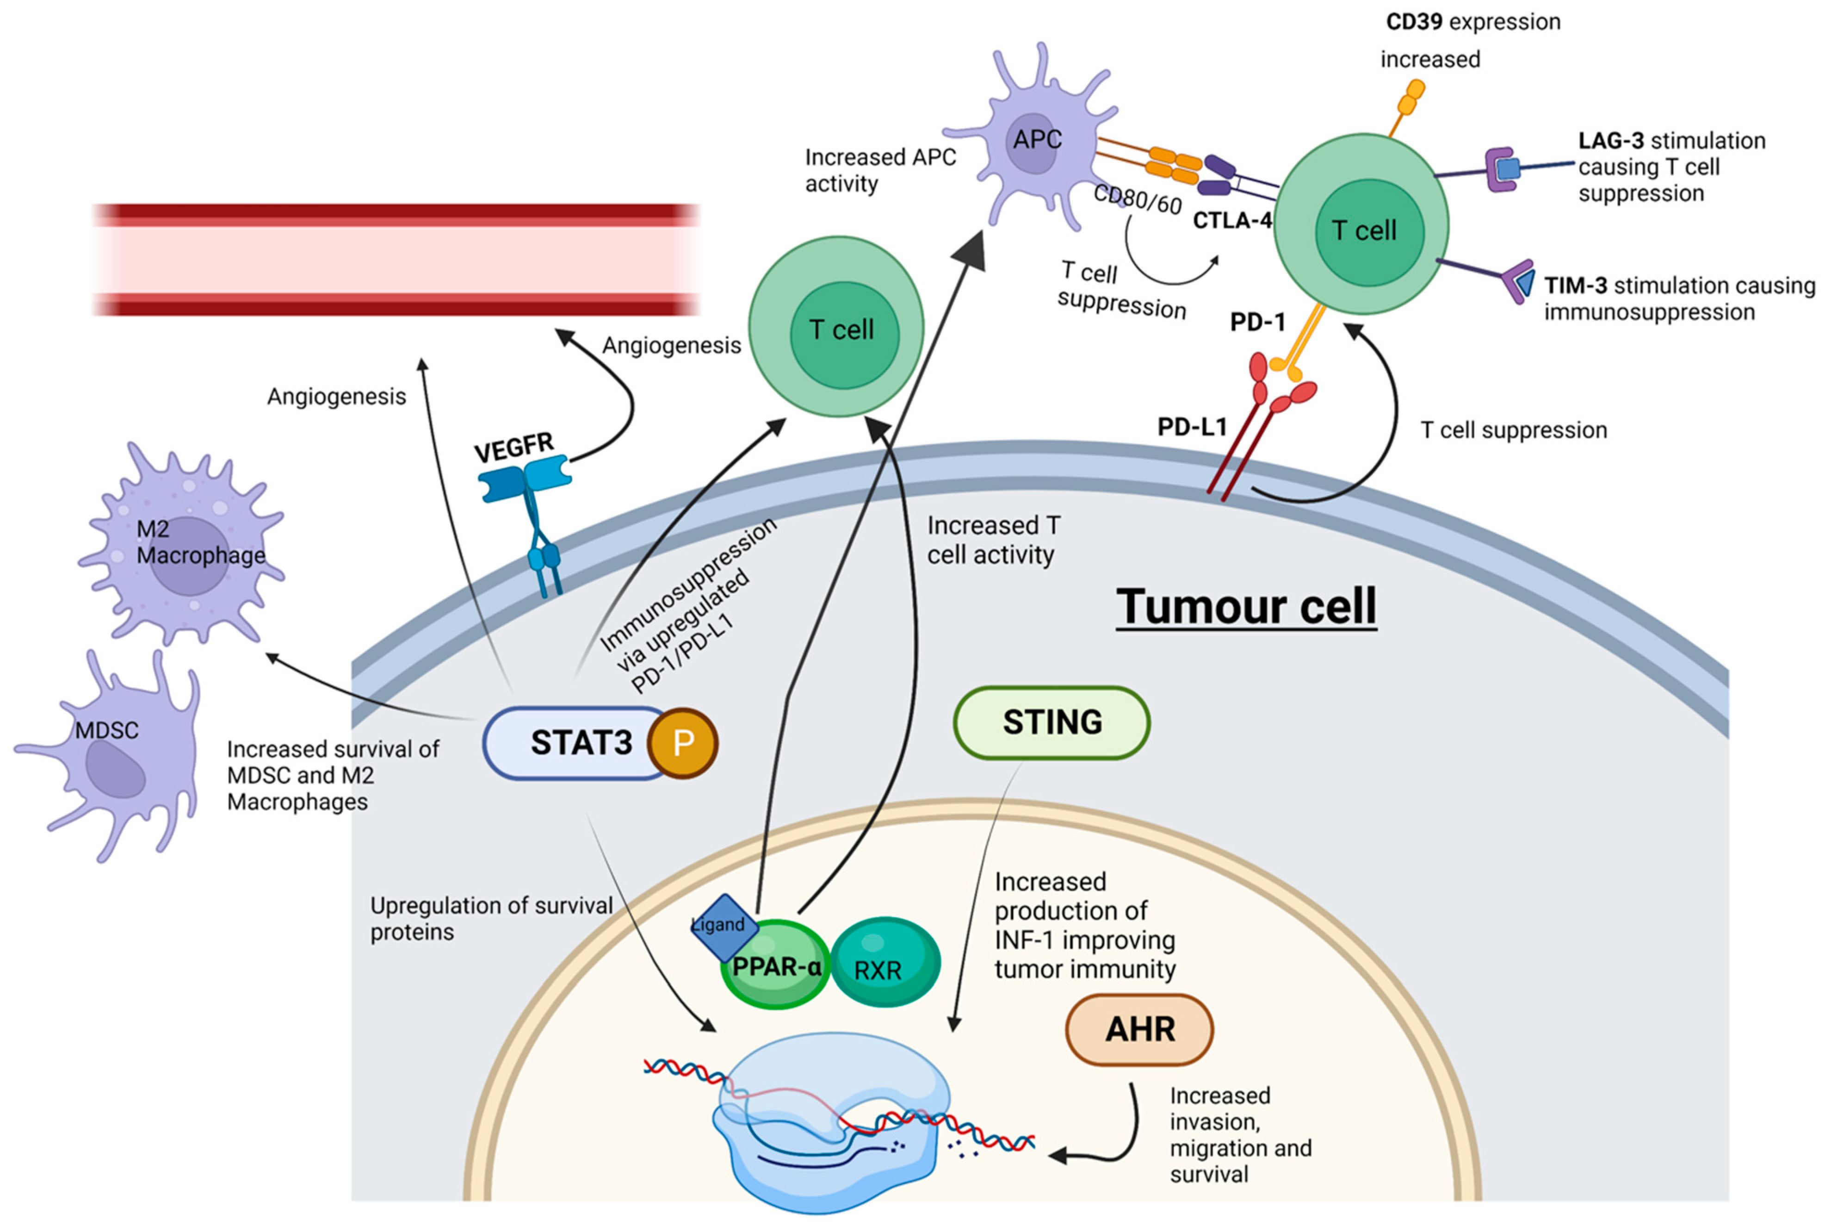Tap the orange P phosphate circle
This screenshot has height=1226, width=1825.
point(682,743)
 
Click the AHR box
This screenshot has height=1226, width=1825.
point(1139,1029)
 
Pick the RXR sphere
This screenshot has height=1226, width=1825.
point(884,962)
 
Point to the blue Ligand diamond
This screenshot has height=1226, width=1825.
point(724,928)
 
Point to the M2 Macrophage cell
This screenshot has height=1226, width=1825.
point(181,543)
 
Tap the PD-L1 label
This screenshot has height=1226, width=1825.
point(1192,426)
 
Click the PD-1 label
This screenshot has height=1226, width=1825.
point(1257,321)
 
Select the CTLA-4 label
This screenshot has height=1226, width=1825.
point(1232,220)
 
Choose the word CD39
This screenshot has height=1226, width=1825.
point(1414,22)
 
